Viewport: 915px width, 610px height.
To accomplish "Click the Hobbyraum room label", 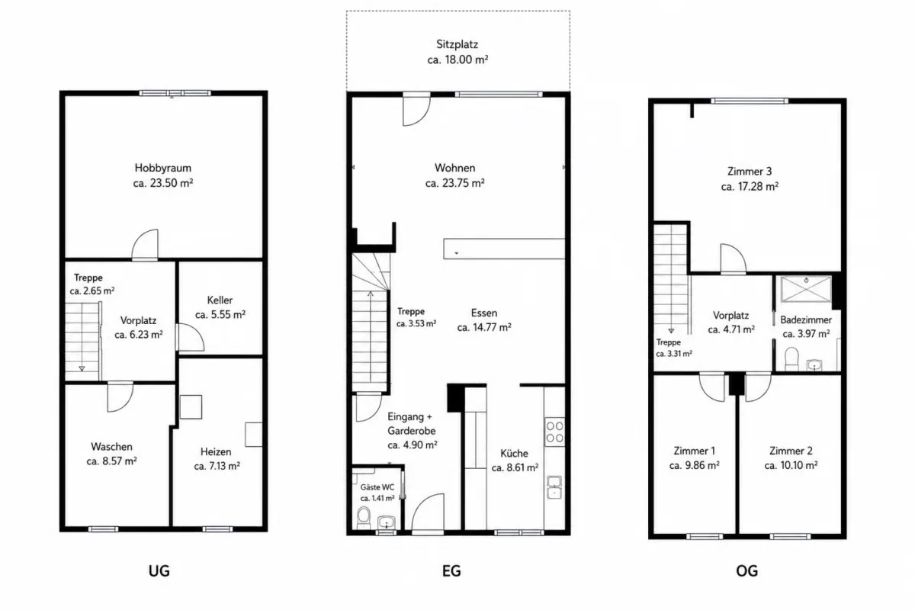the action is [163, 168].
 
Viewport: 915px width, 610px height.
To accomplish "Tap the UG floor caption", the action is [159, 571].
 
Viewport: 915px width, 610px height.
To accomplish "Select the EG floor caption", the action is [451, 571].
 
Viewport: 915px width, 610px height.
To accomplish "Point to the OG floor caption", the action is [746, 571].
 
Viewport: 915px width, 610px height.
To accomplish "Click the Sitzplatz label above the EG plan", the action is [457, 44].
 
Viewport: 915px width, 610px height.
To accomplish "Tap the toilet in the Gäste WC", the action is [363, 517].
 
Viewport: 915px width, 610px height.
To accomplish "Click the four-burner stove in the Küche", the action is [555, 432].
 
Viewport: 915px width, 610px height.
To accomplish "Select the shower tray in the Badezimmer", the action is [806, 289].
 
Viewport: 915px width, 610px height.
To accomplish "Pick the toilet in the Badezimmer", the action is [791, 358].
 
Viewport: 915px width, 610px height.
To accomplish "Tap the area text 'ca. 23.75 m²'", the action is [454, 183].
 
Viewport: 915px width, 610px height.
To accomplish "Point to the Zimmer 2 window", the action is [790, 536].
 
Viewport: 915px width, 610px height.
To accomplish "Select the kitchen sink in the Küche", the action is [554, 487].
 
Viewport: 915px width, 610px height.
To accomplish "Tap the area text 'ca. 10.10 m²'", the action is [791, 465].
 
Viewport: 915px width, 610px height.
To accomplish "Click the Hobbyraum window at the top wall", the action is [175, 93].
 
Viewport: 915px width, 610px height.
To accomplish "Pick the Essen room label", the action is [484, 313].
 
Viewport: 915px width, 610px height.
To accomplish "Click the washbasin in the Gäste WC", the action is [387, 522].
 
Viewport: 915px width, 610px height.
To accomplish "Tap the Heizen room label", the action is [216, 452].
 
